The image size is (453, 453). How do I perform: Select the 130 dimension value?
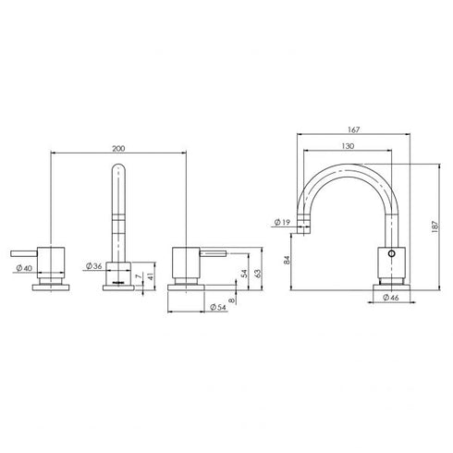point(346,147)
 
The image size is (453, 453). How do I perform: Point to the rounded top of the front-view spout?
point(117,169)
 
